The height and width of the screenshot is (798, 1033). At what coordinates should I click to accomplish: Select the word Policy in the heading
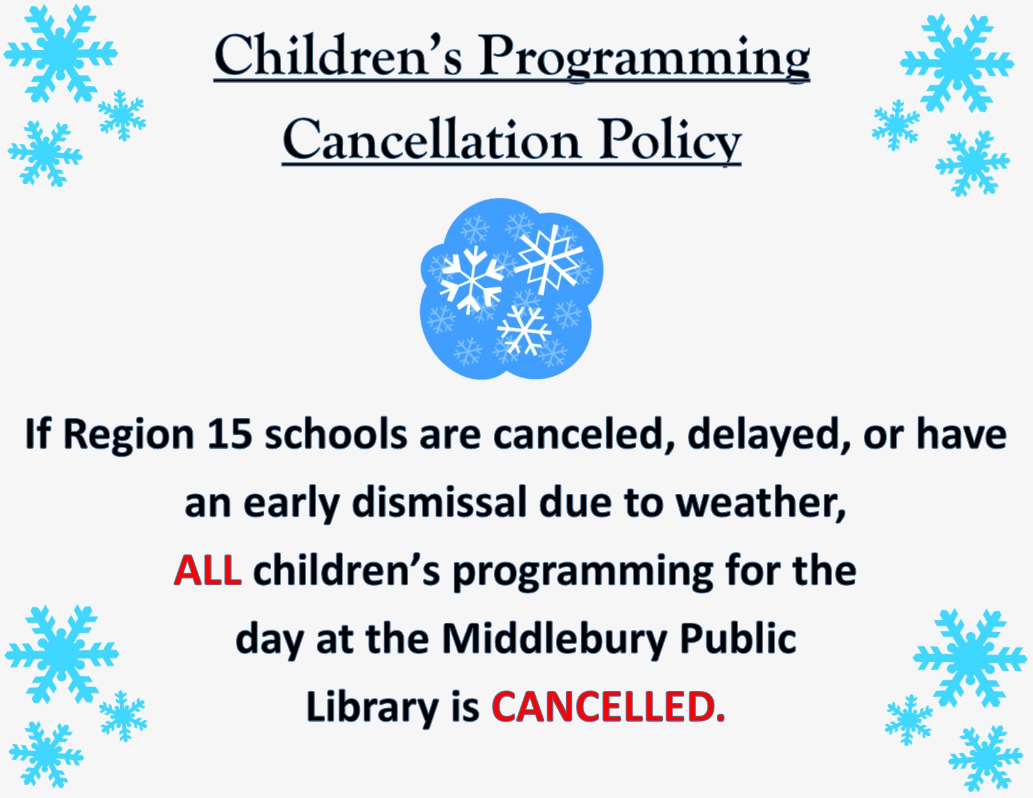pos(670,141)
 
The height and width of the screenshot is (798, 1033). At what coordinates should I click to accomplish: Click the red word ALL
pos(208,570)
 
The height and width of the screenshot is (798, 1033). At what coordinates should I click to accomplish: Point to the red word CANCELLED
pos(608,706)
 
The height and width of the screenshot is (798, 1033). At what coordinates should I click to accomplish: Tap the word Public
pos(737,638)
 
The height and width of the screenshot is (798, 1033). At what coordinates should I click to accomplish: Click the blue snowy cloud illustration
pos(511,289)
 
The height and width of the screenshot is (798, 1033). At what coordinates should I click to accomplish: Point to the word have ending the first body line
pos(961,434)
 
